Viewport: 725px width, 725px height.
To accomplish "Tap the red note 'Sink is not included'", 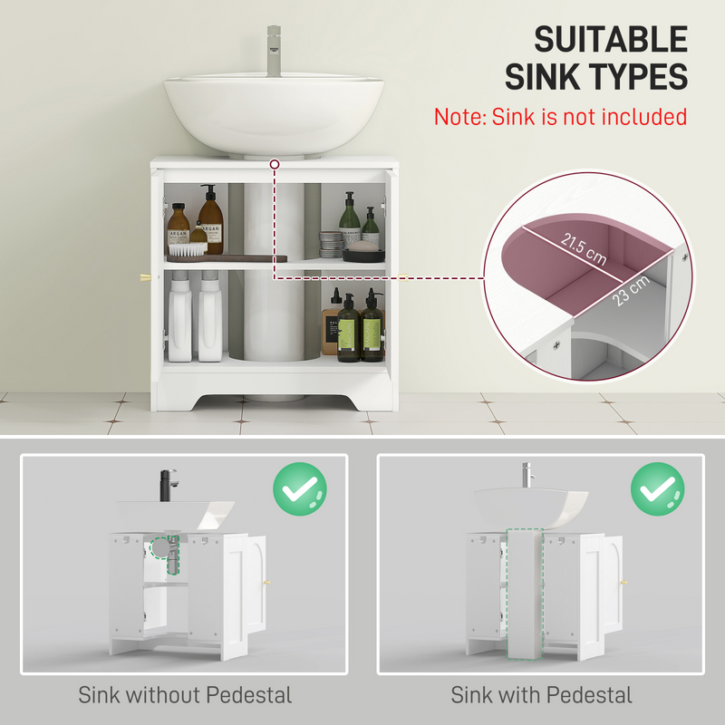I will point(560,117).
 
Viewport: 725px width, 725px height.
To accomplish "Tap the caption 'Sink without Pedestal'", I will point(185,696).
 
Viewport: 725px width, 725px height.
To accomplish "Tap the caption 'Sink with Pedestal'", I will point(542,696).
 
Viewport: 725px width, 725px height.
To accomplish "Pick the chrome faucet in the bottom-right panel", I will point(524,478).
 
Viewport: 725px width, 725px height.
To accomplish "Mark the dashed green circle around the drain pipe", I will point(164,547).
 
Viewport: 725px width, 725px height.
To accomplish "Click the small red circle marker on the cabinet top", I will point(274,164).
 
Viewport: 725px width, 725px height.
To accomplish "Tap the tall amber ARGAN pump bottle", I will point(210,221).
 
